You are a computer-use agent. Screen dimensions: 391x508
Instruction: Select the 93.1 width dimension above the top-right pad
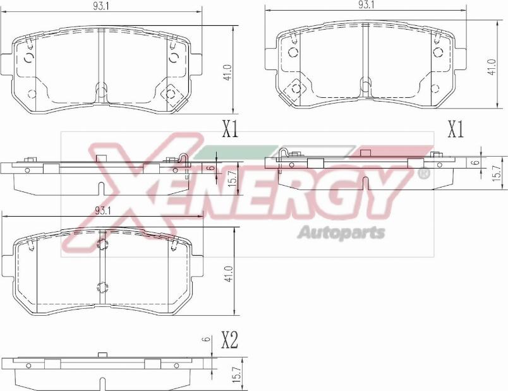[366, 5]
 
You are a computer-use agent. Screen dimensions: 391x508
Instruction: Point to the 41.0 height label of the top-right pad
[492, 66]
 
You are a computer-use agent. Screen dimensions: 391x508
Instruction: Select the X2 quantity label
[229, 341]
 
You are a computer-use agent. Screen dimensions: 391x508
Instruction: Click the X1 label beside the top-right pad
[455, 130]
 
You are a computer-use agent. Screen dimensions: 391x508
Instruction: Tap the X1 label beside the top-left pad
[230, 130]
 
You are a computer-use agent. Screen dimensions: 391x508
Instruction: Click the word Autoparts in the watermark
[341, 232]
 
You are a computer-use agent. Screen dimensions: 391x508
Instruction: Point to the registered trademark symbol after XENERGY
[424, 172]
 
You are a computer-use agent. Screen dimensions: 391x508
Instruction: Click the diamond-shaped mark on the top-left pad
[169, 94]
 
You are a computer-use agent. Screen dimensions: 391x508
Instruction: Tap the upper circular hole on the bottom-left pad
[103, 244]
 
